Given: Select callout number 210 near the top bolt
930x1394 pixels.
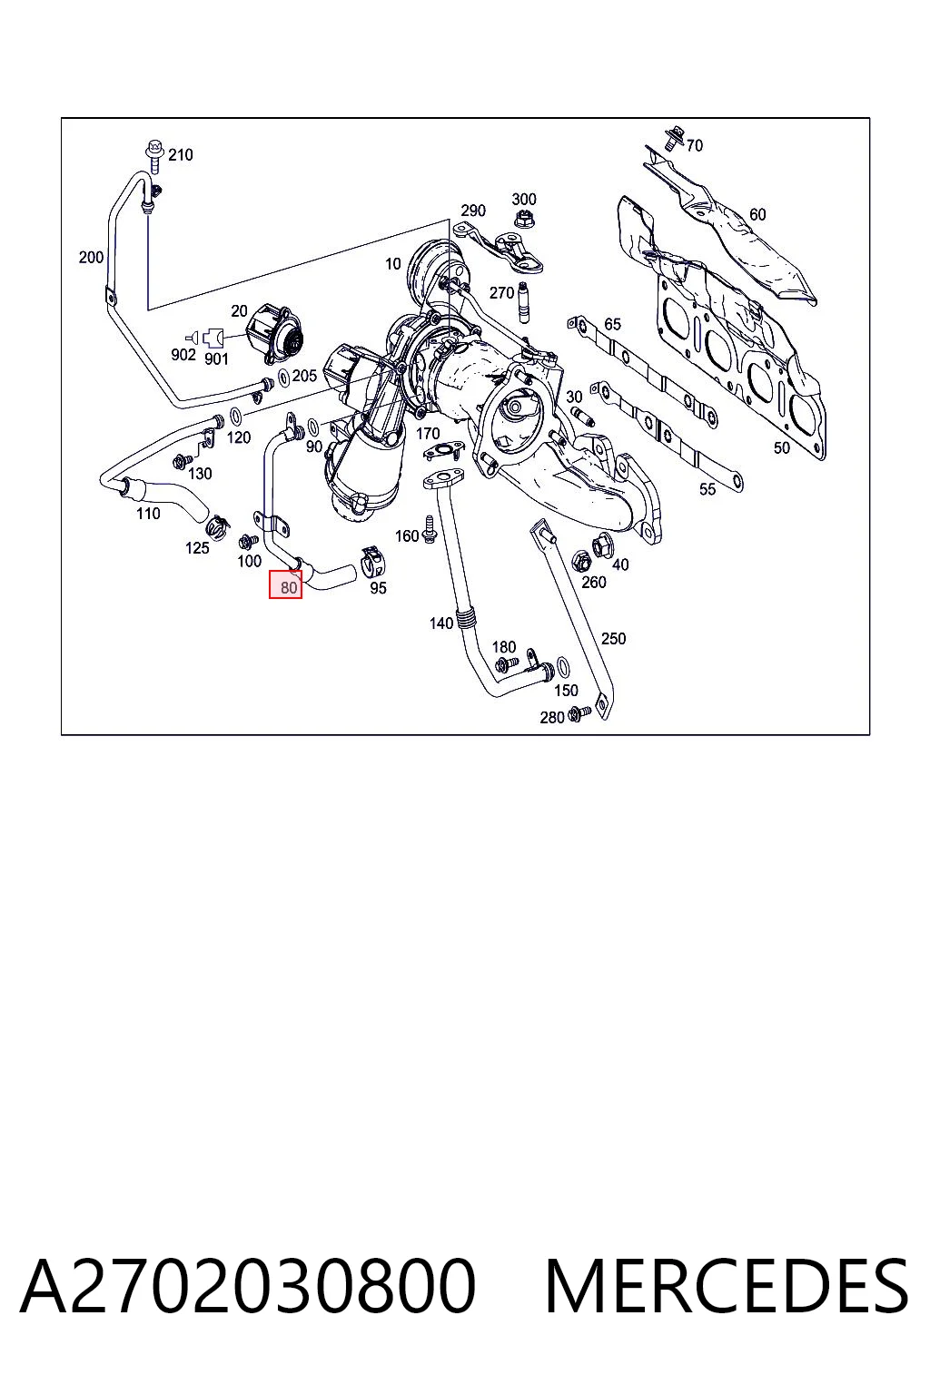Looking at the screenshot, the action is (x=181, y=154).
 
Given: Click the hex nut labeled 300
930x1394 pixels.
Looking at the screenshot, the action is (x=523, y=220).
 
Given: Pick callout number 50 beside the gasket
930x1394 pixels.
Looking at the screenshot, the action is (x=781, y=447).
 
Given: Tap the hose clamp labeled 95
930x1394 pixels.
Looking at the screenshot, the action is (x=372, y=562).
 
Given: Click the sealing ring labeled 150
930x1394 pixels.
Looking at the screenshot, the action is (x=562, y=666).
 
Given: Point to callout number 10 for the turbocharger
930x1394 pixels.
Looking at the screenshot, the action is (x=392, y=264).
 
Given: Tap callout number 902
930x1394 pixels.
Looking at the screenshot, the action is (x=183, y=354).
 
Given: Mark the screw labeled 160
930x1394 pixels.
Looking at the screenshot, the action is (x=429, y=529).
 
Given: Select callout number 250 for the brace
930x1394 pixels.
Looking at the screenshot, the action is (x=613, y=639).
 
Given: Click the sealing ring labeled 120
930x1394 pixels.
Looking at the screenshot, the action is (x=236, y=415).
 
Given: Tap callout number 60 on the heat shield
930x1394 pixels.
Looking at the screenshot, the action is (x=757, y=214).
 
